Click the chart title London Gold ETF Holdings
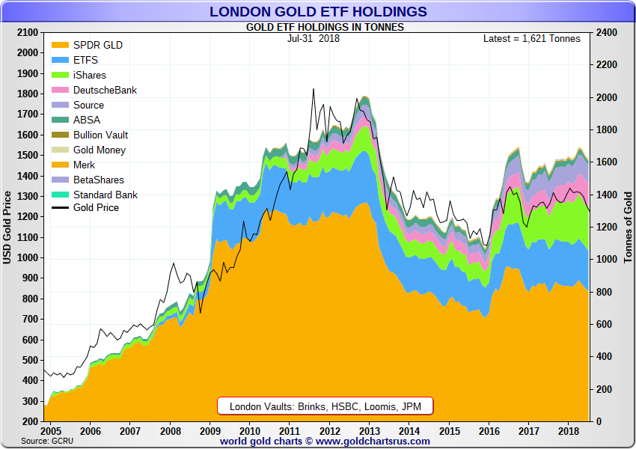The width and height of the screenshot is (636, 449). tap(318, 11)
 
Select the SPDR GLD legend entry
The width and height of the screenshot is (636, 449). tap(88, 45)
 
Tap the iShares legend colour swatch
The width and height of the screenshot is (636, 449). tap(60, 75)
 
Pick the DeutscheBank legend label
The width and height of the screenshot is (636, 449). tap(105, 90)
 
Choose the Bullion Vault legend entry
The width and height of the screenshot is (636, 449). tap(90, 135)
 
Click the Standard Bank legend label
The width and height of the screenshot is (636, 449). tap(106, 195)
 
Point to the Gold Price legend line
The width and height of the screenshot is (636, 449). tap(60, 208)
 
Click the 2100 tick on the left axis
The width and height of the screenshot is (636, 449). tap(27, 32)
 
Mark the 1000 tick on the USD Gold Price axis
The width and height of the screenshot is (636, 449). tap(27, 258)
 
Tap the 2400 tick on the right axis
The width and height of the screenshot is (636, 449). tap(606, 32)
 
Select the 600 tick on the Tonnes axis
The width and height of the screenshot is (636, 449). tap(604, 324)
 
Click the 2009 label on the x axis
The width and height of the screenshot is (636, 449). tap(210, 431)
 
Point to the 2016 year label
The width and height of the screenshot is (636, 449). tap(489, 431)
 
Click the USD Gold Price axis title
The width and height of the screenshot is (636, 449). tap(7, 227)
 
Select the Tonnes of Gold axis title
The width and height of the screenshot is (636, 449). tap(628, 227)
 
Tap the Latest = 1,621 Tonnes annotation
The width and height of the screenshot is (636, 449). tap(532, 38)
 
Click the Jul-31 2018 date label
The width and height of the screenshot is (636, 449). tap(314, 38)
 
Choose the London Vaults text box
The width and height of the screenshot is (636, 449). tap(325, 406)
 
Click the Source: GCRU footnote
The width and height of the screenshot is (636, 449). tap(47, 441)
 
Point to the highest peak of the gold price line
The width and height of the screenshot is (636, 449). tap(314, 89)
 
